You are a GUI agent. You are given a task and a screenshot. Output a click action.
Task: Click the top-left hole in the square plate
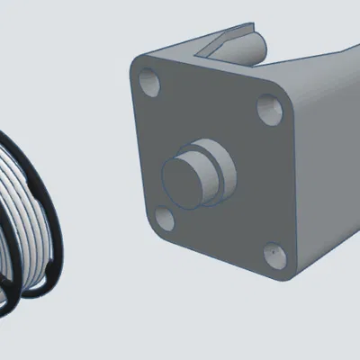[x=150, y=85]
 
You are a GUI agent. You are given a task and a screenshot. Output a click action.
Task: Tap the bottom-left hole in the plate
[x=163, y=219]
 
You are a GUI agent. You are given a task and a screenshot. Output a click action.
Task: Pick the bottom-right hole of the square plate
[x=274, y=256]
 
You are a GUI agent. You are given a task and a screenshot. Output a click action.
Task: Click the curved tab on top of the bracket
[x=236, y=40]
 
